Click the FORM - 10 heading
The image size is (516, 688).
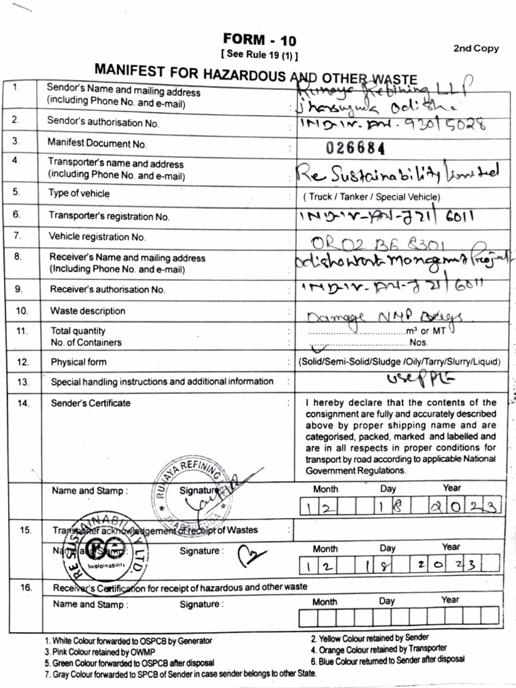click(259, 40)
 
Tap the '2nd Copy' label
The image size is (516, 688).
click(476, 48)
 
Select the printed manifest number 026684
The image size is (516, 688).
click(355, 148)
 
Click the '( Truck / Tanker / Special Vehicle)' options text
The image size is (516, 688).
click(372, 197)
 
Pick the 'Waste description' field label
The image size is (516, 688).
click(87, 311)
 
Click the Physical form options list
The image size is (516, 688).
click(400, 362)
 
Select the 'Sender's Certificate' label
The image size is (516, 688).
click(91, 403)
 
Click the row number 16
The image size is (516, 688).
click(26, 587)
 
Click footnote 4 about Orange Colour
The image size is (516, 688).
click(378, 648)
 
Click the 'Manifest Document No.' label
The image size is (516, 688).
click(97, 143)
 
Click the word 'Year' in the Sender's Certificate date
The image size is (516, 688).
click(451, 488)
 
